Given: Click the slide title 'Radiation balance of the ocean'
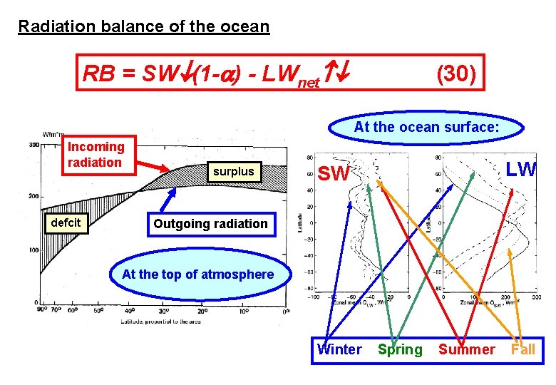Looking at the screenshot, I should click(x=144, y=27).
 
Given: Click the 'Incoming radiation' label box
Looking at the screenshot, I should click(x=96, y=155).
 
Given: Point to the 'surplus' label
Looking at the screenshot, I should click(x=233, y=171).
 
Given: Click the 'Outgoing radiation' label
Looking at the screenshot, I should click(x=210, y=223).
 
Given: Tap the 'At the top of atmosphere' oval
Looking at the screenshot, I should click(x=197, y=274).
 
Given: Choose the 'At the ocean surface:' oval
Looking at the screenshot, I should click(x=426, y=128).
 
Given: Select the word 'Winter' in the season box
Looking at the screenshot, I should click(x=339, y=349).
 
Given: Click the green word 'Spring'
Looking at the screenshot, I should click(x=400, y=349).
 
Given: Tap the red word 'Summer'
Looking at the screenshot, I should click(x=466, y=349).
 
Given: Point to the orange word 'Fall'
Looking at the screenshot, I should click(x=522, y=349).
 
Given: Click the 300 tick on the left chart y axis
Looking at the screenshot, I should click(x=34, y=144).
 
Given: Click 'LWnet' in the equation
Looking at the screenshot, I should click(x=292, y=75).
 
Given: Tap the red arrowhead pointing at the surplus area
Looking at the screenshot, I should click(x=168, y=170).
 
